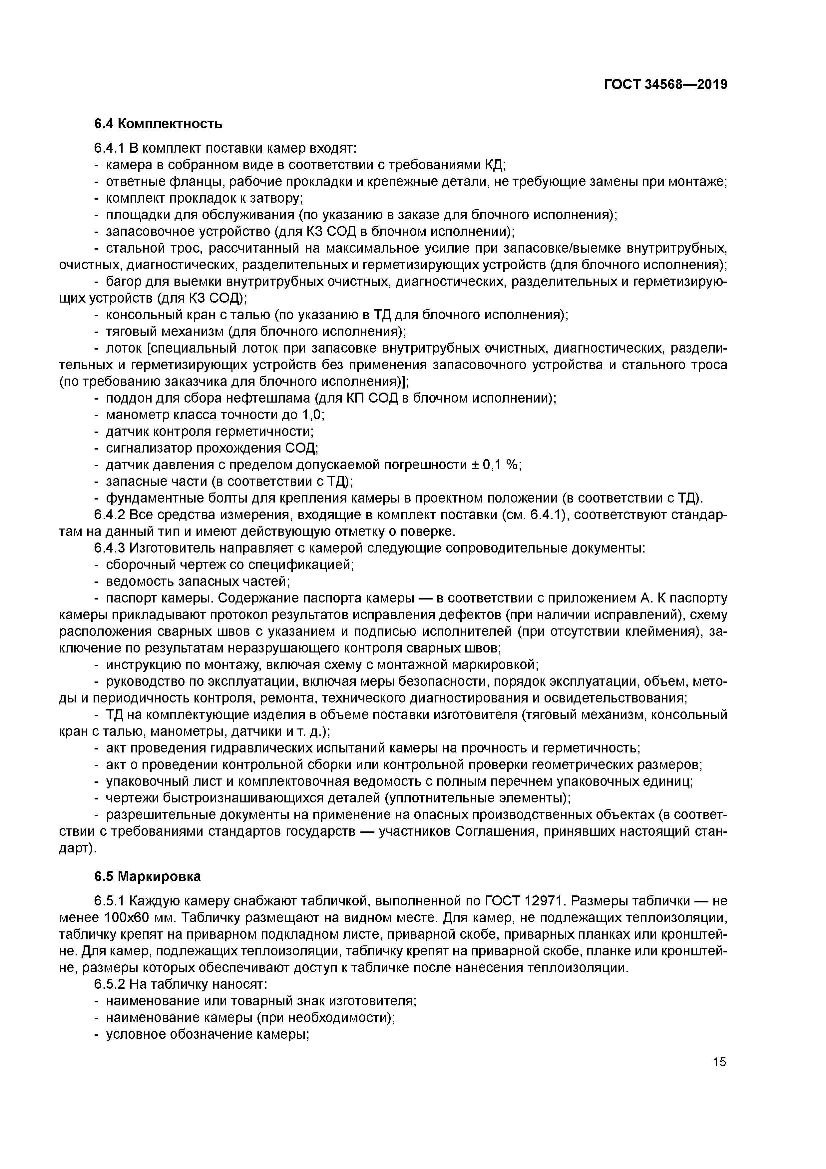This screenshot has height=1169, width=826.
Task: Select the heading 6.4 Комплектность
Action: (x=158, y=124)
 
